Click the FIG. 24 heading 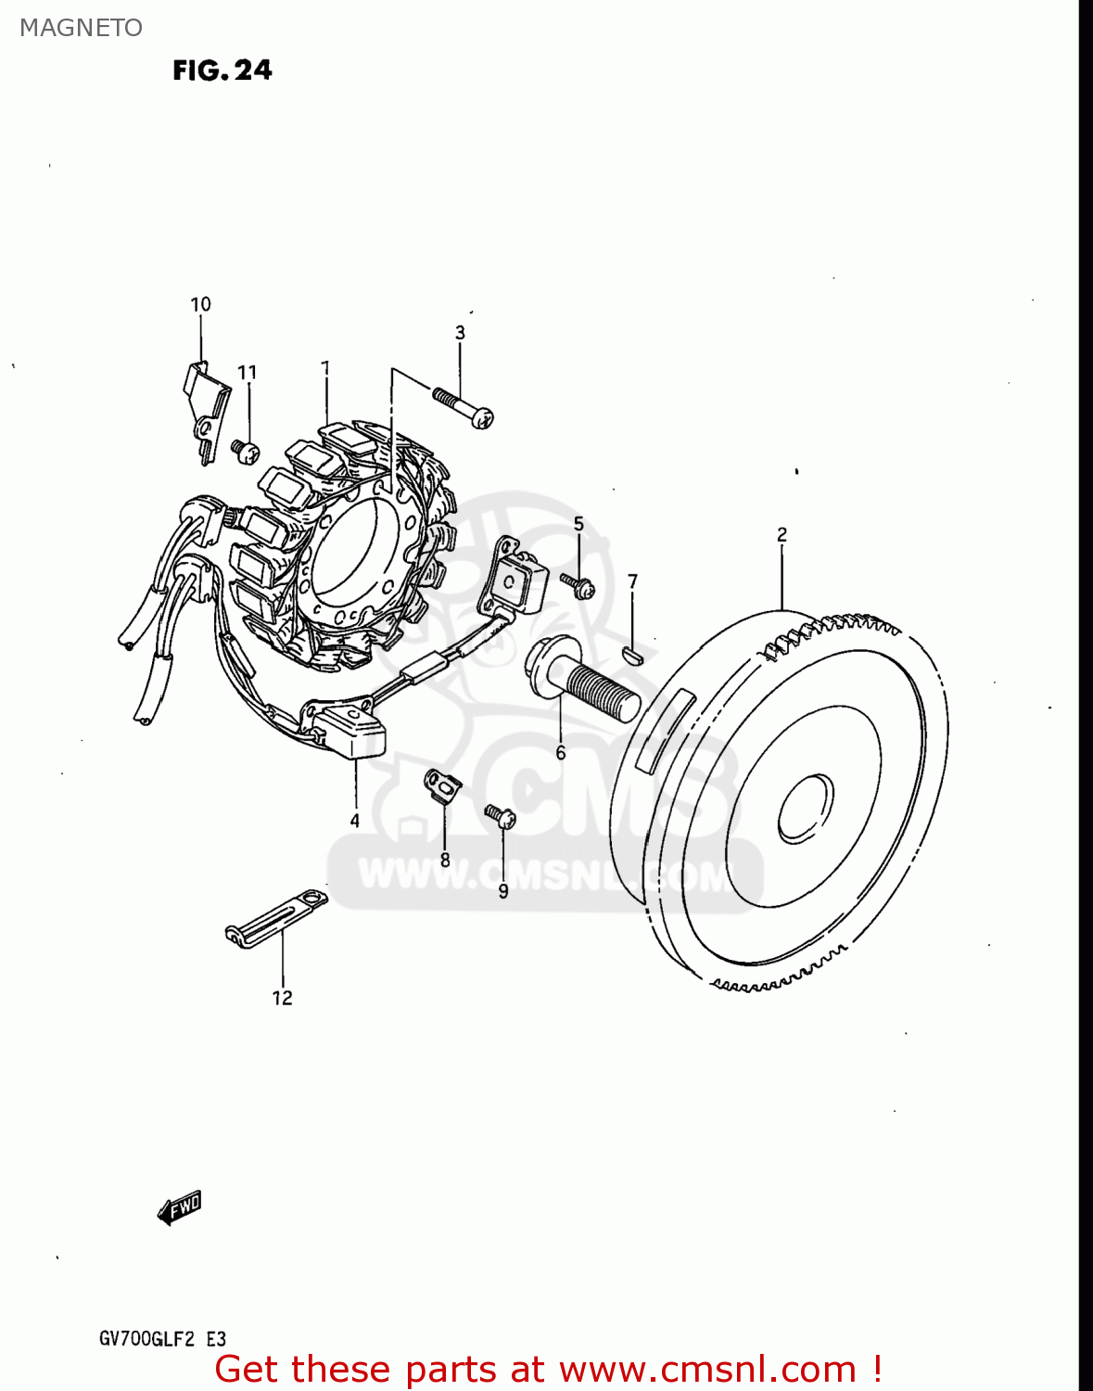point(222,70)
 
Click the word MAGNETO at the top point(81,28)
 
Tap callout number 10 point(200,304)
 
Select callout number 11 point(247,373)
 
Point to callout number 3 point(460,333)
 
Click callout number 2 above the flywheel point(782,535)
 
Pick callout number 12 point(282,998)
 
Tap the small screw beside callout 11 point(245,452)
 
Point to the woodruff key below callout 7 point(630,656)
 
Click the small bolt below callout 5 point(578,584)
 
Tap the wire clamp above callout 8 point(443,784)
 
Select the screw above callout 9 point(500,816)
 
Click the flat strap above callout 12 point(276,917)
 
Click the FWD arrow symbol point(180,1207)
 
